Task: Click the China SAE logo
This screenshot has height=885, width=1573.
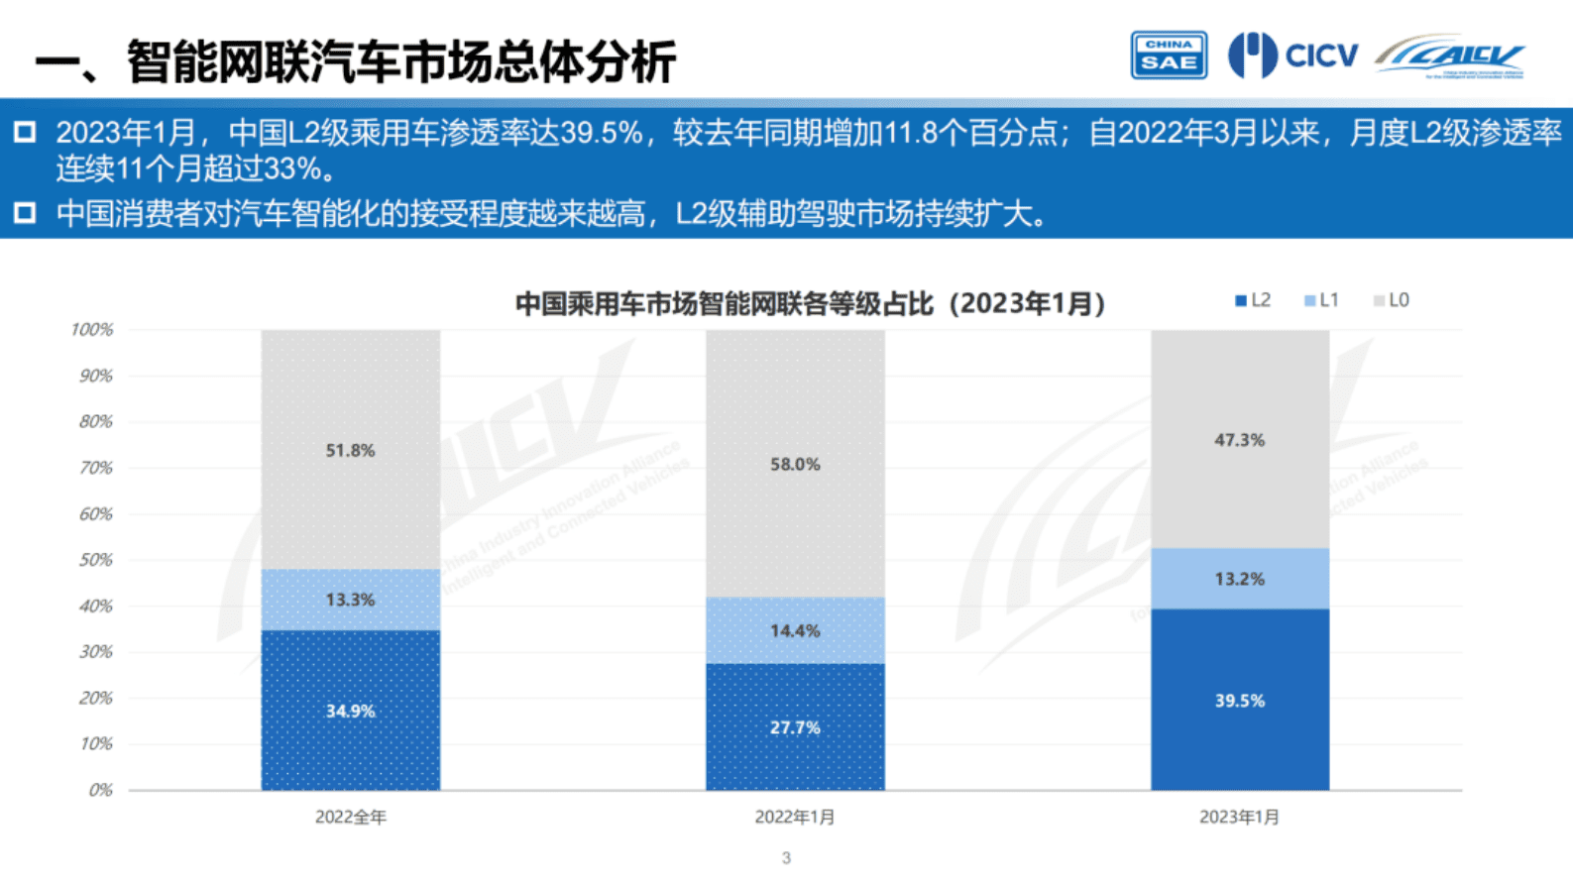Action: [1169, 55]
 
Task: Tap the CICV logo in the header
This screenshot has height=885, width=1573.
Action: [1293, 55]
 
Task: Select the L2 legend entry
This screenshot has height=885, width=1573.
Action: [1253, 300]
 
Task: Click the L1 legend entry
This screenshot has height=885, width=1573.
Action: [1321, 300]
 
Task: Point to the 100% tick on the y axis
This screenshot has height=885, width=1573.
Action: [92, 330]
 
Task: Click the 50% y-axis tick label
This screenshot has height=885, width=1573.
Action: [96, 560]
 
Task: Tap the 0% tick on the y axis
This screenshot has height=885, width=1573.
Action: [100, 790]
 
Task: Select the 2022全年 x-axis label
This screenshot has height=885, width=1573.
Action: [351, 818]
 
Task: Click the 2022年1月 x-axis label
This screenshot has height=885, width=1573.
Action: [795, 818]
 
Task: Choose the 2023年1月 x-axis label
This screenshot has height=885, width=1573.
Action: [1239, 818]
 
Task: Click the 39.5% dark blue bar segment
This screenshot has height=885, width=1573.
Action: [1239, 700]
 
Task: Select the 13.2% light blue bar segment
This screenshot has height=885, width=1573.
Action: [1239, 579]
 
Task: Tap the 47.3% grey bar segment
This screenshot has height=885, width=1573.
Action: [1239, 439]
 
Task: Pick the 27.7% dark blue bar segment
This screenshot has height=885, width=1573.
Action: [795, 726]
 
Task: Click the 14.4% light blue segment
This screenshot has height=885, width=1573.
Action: [795, 630]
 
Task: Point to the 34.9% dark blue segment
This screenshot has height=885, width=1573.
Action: [351, 711]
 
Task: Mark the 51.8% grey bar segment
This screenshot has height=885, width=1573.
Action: [351, 450]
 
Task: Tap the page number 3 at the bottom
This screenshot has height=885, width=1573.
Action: [786, 858]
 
